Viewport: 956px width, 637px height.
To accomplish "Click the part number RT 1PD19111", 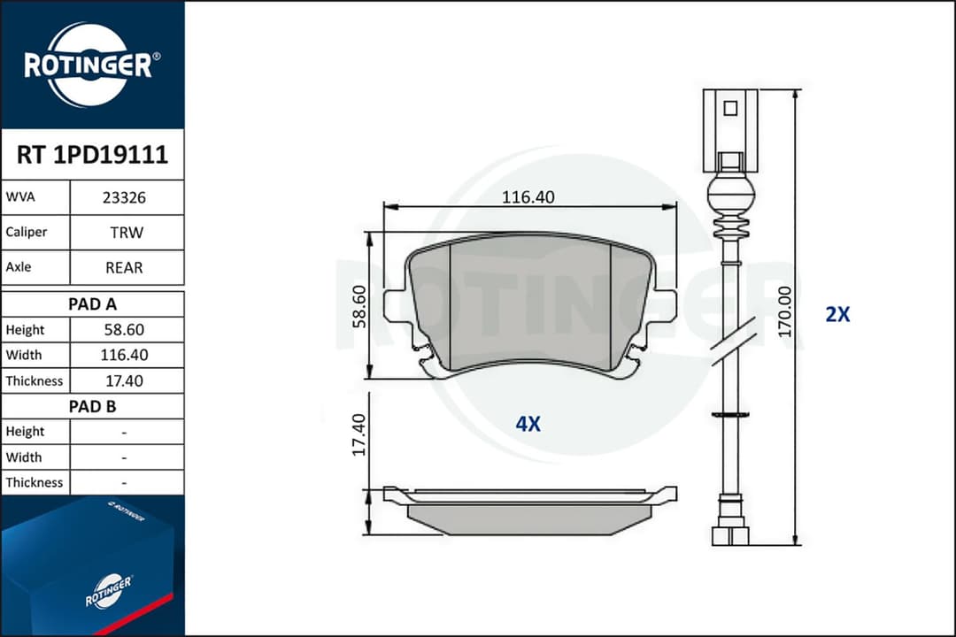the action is (x=92, y=155).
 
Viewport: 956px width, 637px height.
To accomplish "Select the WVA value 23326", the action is (x=125, y=197).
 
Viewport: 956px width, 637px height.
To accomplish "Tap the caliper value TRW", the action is (x=127, y=233).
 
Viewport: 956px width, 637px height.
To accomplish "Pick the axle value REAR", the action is (x=125, y=267).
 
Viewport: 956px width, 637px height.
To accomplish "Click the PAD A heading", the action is (x=93, y=303).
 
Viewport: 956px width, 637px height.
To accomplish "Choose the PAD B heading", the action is (x=93, y=406).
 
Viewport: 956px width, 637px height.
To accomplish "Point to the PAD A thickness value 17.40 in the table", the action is (x=125, y=381).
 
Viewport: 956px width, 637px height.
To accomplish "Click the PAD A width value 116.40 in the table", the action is (x=125, y=355).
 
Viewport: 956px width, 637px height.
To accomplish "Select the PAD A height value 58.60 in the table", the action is (x=125, y=330).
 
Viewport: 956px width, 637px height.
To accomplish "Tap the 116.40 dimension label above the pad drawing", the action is (x=528, y=197).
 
